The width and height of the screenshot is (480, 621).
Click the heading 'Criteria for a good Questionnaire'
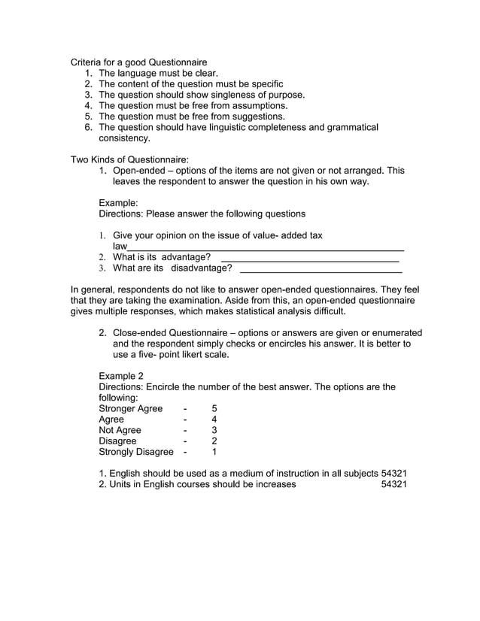pos(138,62)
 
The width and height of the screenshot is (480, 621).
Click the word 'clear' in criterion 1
pos(203,73)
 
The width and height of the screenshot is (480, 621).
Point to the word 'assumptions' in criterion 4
pos(260,106)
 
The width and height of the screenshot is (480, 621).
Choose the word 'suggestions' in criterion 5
pos(258,117)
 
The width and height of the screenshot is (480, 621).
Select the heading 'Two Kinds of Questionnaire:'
pos(129,160)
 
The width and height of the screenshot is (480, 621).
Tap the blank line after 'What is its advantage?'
pos(310,258)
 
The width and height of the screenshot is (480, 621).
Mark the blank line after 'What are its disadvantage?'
pos(320,268)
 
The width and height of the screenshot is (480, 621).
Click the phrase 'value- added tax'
pos(285,235)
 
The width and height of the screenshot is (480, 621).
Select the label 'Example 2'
pos(120,376)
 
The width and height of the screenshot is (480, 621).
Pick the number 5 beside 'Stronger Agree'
pos(214,409)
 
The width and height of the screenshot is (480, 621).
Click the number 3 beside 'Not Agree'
pos(214,430)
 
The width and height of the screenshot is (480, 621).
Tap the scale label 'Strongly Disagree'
pos(136,452)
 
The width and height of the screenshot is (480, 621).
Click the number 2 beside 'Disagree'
pos(214,441)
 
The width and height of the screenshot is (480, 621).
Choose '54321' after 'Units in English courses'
pos(394,485)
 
